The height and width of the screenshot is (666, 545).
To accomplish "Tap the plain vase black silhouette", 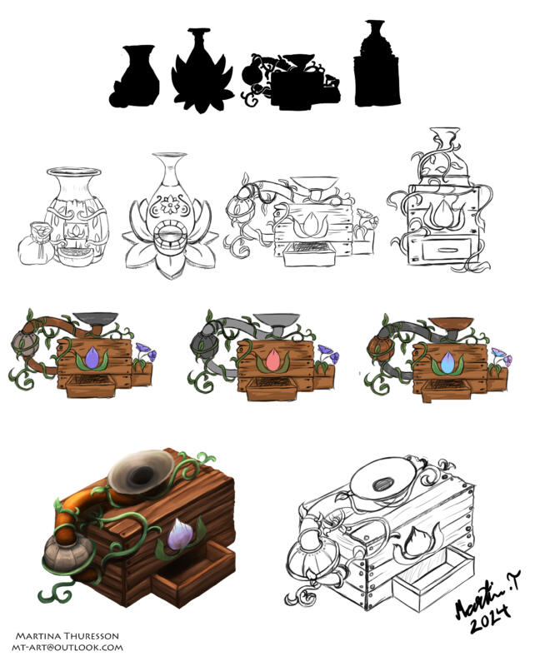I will click(x=136, y=79).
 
